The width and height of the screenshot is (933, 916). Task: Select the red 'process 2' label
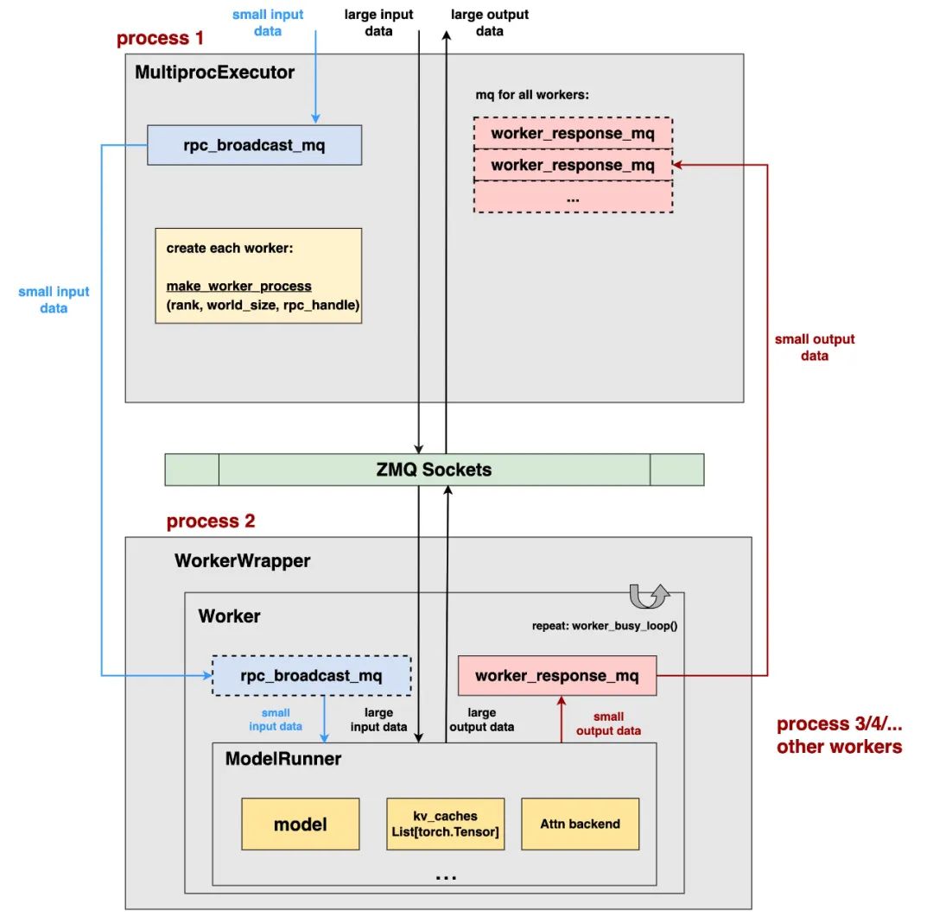click(211, 521)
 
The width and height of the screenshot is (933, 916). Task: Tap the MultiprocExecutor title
click(214, 73)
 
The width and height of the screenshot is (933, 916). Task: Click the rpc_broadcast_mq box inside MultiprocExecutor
click(254, 145)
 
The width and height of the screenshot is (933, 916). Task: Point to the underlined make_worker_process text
click(238, 286)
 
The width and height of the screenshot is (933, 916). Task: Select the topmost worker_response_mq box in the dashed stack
click(573, 134)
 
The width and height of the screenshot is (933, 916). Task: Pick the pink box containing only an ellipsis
click(573, 197)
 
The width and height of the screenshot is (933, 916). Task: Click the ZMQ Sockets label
click(434, 470)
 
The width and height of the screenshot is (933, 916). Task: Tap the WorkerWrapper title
click(242, 561)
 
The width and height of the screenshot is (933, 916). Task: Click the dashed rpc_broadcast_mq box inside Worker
click(311, 675)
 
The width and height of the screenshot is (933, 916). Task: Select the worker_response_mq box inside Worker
click(557, 675)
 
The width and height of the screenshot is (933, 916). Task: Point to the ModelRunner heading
click(283, 759)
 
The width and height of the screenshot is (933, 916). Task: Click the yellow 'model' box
click(300, 824)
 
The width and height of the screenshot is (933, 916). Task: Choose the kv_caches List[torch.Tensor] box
click(445, 824)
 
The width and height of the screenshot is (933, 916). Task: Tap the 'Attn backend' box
click(580, 824)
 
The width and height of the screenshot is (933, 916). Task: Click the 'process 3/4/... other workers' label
click(839, 736)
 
